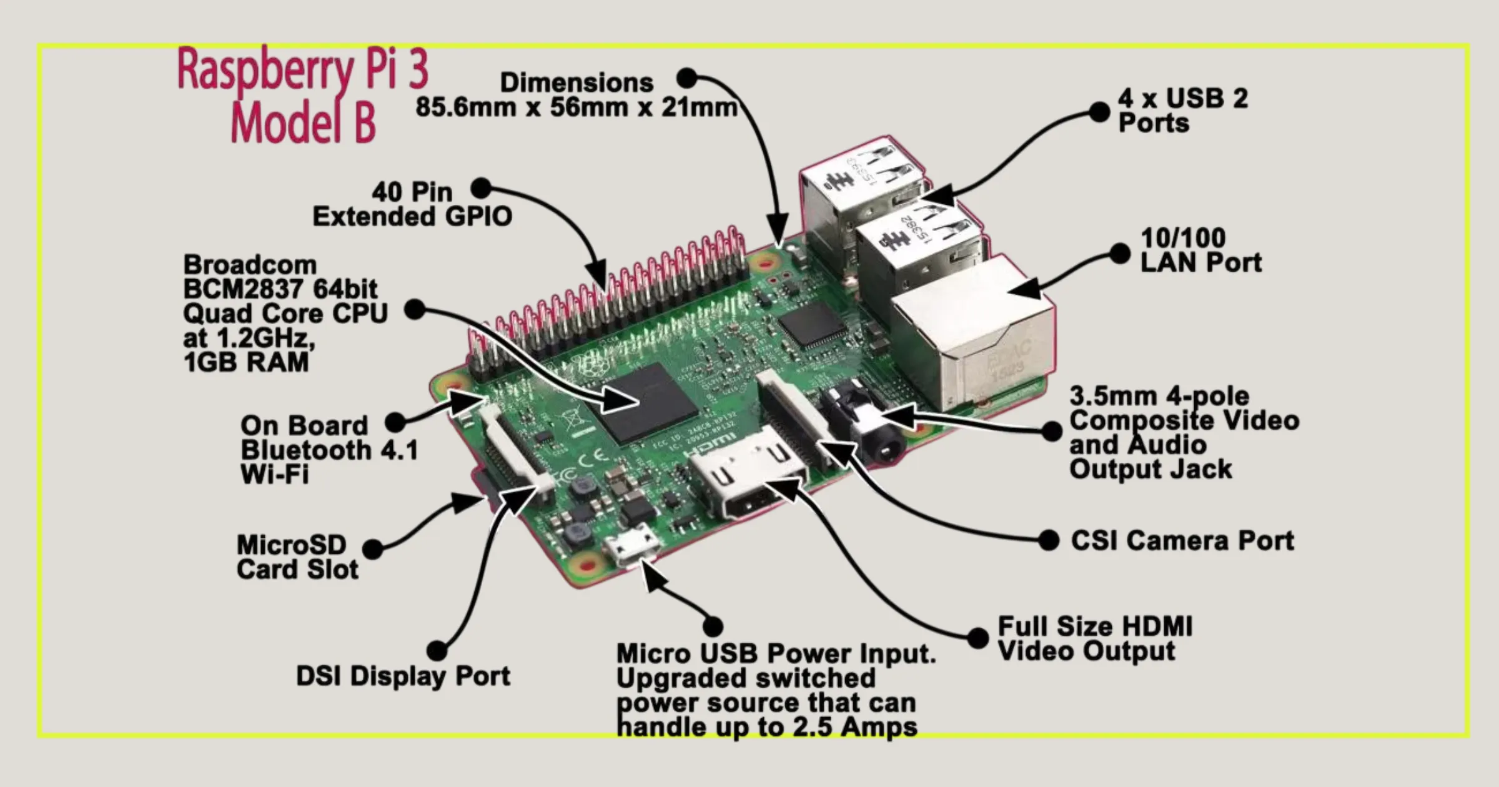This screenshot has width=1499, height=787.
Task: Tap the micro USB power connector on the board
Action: pos(631,549)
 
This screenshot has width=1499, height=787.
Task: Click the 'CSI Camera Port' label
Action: pos(1182,541)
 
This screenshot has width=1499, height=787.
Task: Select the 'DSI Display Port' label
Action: pos(403,676)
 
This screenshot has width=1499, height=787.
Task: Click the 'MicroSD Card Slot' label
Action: pos(297,557)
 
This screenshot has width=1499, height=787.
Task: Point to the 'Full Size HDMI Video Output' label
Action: pos(1094,638)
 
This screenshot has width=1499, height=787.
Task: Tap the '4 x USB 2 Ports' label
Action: pos(1182,110)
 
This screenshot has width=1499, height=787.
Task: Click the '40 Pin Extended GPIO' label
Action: pos(412,204)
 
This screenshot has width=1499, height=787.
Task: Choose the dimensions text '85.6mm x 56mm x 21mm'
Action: pos(576,107)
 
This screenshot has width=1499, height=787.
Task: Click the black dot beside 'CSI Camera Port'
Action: pos(1049,540)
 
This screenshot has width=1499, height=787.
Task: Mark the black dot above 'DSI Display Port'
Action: pos(437,650)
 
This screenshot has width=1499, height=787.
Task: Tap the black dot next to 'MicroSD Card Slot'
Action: pos(373,549)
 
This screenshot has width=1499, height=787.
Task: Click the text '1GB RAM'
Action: pos(246,363)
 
